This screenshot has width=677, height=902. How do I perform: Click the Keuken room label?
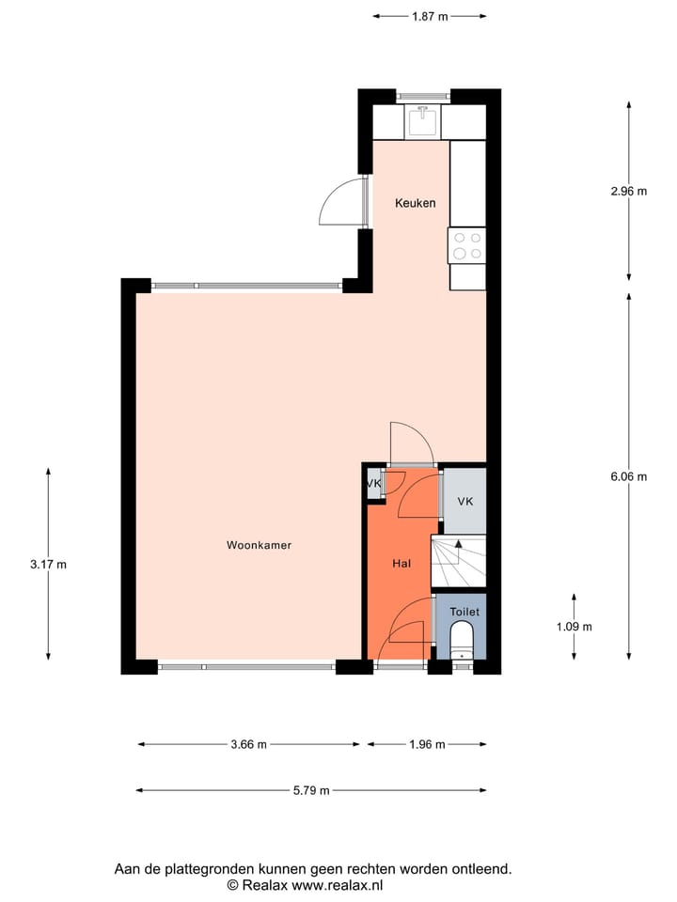click(415, 203)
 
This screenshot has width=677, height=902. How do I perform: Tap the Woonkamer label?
click(252, 545)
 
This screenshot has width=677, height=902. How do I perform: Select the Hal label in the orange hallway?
click(401, 564)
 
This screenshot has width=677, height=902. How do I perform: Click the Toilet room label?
click(464, 612)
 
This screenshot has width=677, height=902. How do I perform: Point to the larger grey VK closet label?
click(464, 502)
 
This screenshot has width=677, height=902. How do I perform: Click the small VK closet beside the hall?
click(373, 484)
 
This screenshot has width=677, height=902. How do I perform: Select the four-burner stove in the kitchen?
click(467, 245)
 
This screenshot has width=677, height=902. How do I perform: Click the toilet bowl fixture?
click(462, 645)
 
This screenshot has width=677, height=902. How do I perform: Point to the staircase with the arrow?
click(458, 563)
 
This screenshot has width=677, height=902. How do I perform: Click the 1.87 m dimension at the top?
click(430, 16)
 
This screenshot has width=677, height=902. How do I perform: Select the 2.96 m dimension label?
click(628, 191)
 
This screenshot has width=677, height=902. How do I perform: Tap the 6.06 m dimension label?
click(628, 476)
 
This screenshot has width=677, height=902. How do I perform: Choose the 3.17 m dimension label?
click(48, 565)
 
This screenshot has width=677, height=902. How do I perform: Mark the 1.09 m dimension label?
click(573, 627)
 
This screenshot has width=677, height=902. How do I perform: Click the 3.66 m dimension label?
click(248, 745)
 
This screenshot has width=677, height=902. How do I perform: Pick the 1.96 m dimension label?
click(426, 745)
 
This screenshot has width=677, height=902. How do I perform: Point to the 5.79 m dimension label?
click(311, 790)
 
